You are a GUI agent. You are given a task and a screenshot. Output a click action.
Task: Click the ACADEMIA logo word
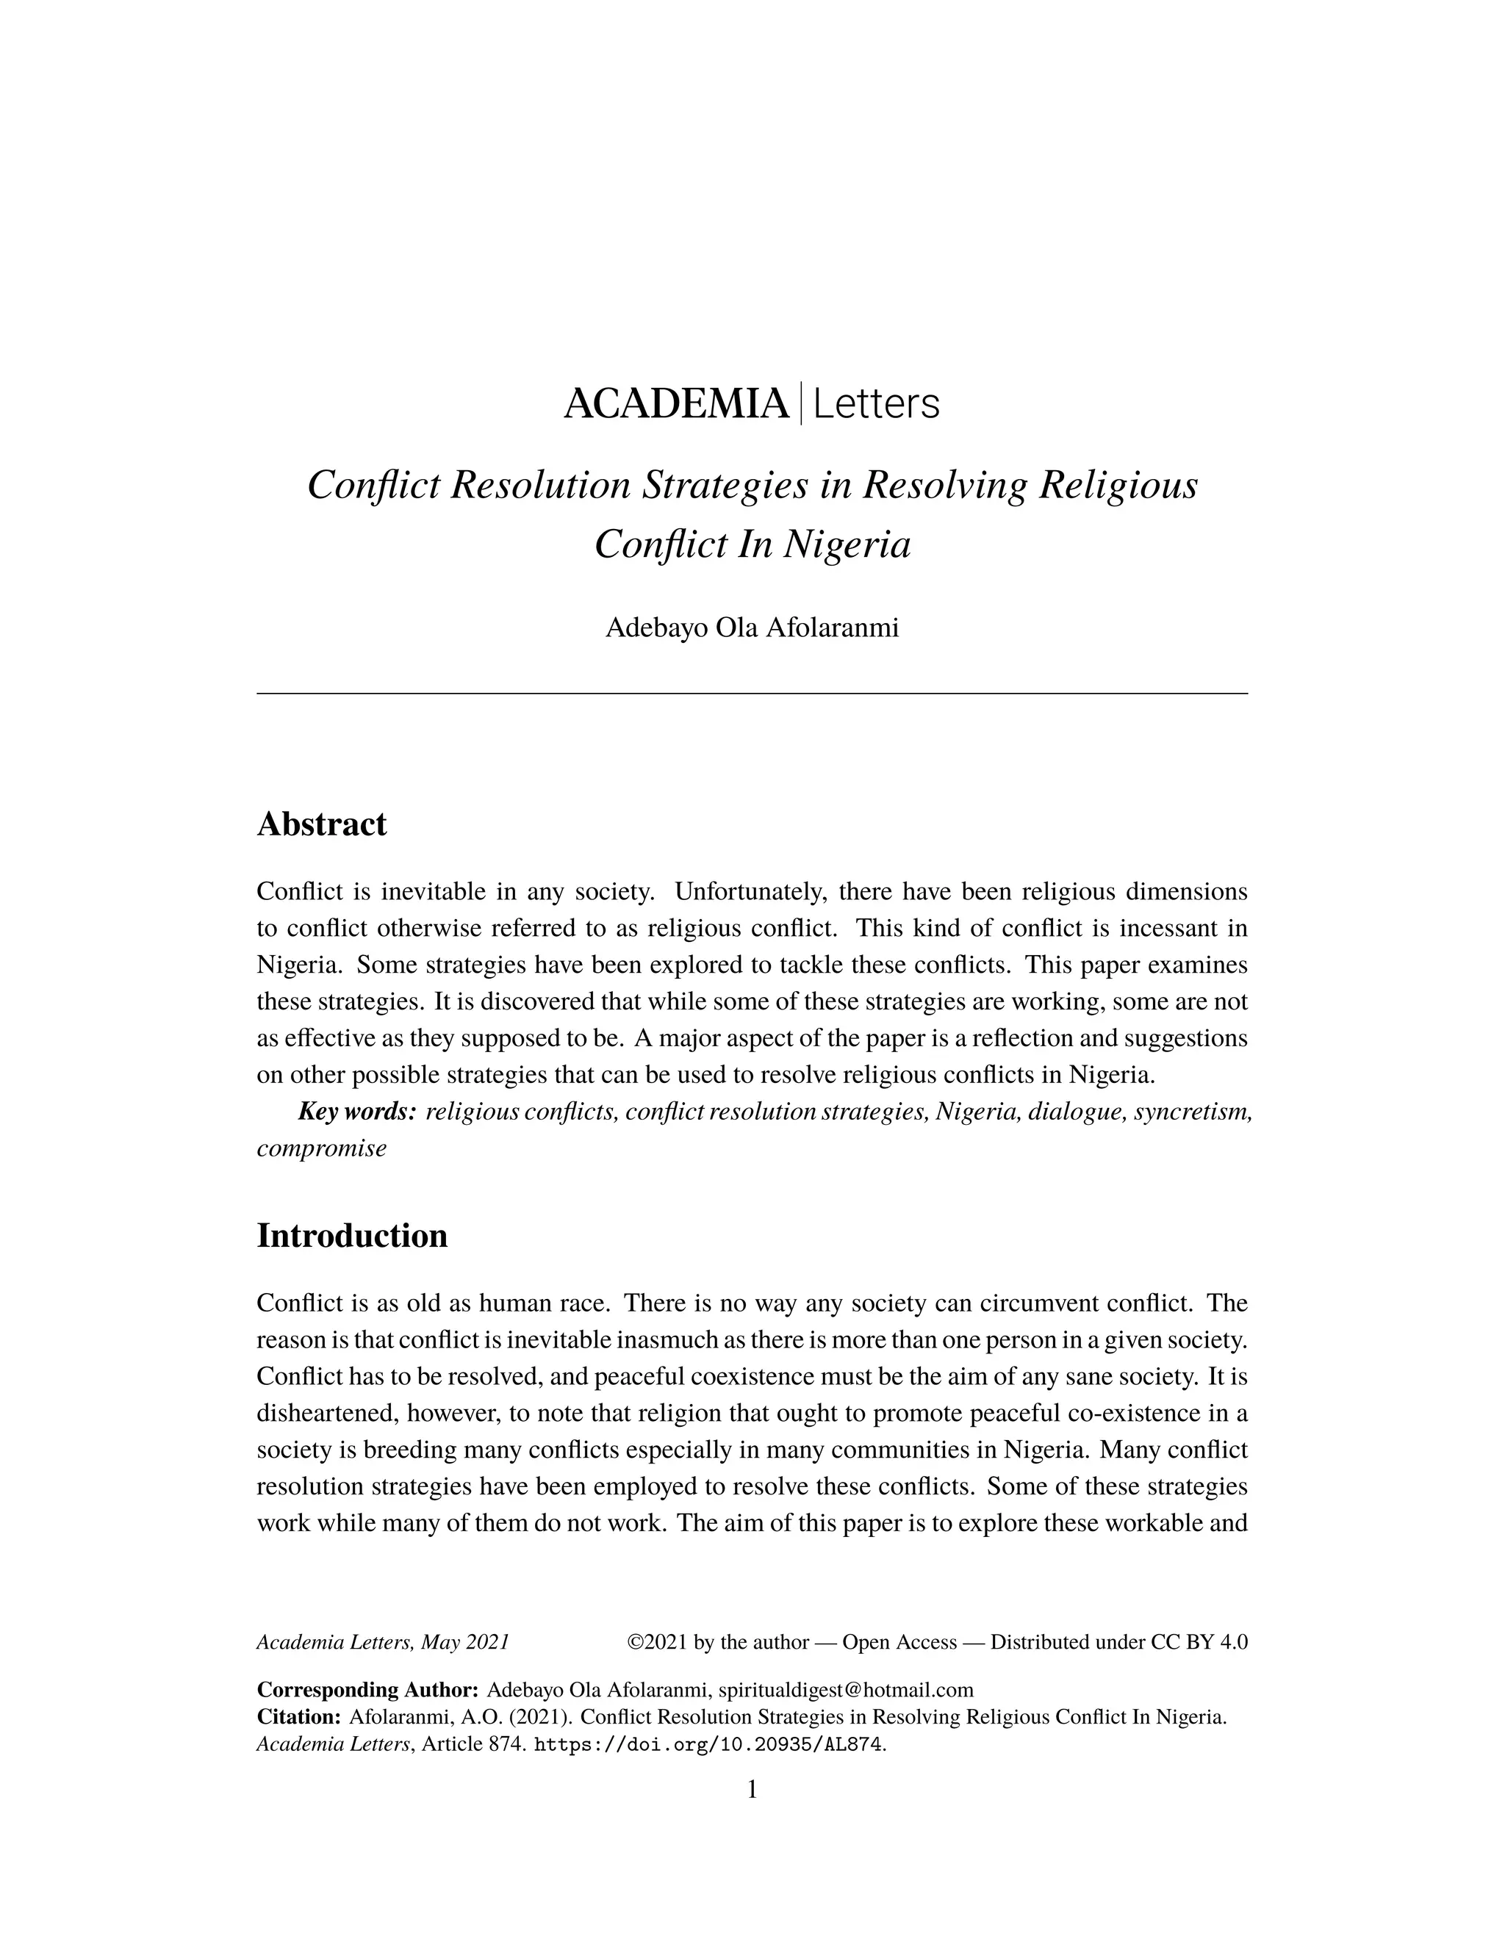click(x=676, y=404)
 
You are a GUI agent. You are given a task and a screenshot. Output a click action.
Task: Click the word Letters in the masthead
click(x=877, y=404)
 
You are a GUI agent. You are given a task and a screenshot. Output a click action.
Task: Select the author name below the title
click(x=752, y=627)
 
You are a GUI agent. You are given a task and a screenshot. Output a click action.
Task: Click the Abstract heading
click(x=322, y=824)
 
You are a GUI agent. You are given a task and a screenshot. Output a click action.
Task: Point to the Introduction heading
click(x=352, y=1236)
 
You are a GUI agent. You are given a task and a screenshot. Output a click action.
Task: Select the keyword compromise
click(x=322, y=1148)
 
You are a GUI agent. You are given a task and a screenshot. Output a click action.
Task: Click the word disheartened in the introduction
click(x=320, y=1414)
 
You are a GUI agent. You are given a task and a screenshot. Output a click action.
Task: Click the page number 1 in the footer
click(x=752, y=1789)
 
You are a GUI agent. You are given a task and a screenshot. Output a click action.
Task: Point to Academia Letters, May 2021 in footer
click(x=382, y=1642)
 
